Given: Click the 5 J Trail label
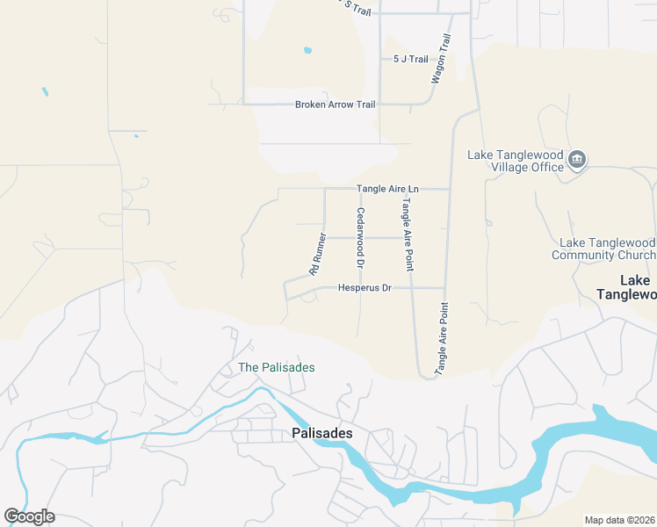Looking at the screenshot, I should point(410,60).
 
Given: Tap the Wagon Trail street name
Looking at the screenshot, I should point(440,59).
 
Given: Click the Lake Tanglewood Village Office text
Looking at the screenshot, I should point(515,161).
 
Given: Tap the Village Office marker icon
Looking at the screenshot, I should point(577,159).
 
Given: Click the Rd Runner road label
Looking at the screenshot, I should point(319,255).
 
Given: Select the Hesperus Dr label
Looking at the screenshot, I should point(365,288).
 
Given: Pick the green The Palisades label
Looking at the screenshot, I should point(276,367).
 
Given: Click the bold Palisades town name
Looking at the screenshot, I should point(321,434).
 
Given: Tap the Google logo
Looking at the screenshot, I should point(29,516).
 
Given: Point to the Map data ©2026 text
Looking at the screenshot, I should point(619,520).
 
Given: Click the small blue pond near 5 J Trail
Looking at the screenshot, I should point(307,50).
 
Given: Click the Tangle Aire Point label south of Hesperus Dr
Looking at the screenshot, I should point(443,336).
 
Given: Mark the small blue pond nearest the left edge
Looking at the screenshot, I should point(44,91).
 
